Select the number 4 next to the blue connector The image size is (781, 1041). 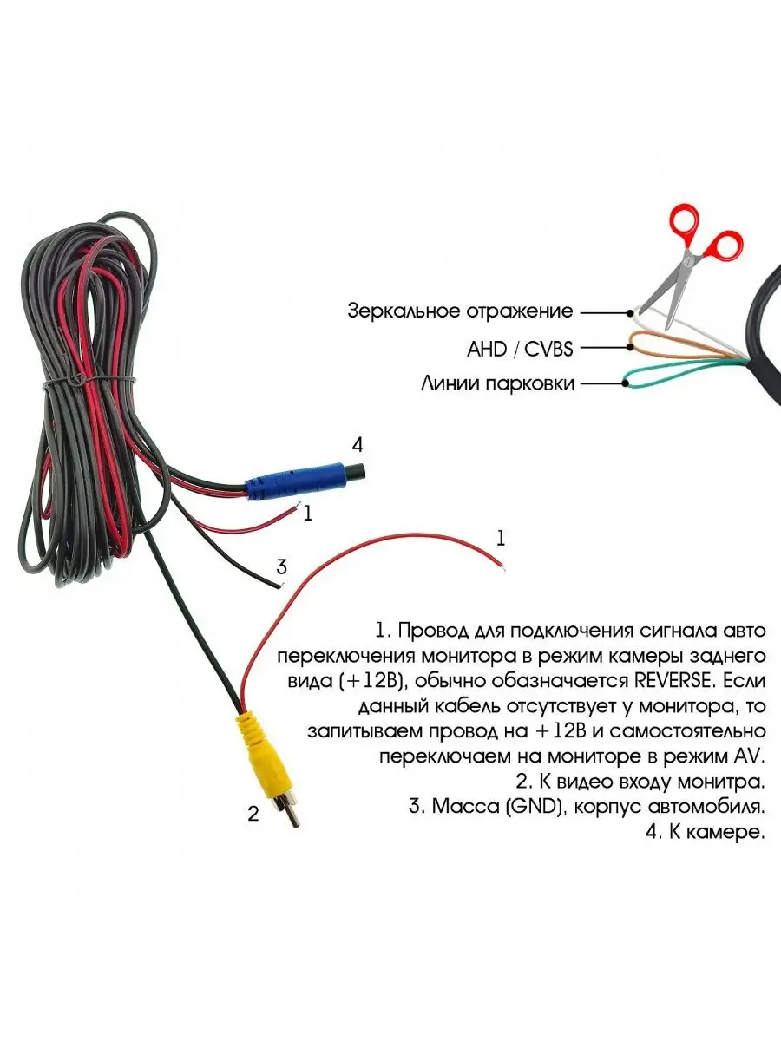[357, 446]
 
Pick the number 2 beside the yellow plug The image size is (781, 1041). [253, 814]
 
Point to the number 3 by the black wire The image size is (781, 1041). [281, 567]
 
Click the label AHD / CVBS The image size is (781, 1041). [520, 349]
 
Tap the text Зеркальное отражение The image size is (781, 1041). [460, 311]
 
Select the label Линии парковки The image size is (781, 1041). [497, 383]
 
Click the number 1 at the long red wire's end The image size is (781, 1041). [500, 538]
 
